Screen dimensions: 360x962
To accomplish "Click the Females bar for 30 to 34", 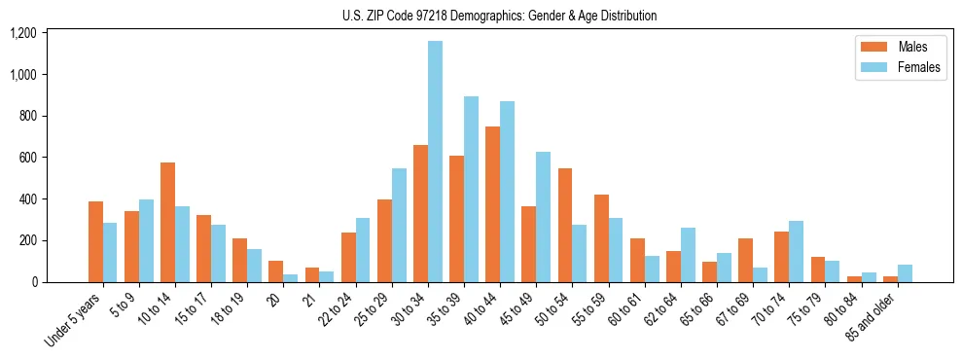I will coord(435,162).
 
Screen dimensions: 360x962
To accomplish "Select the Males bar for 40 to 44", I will coord(492,204).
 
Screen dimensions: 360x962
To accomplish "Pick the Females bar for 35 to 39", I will coord(471,189).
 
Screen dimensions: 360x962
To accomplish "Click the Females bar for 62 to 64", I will coord(688,255).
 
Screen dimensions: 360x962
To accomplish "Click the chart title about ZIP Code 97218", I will coord(499,16).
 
